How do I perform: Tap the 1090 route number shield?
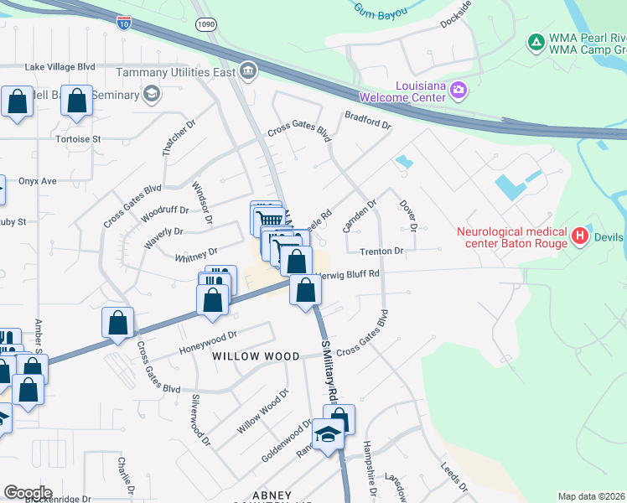(205, 25)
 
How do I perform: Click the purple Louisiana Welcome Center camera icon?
(459, 89)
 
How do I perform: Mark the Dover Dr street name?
(408, 215)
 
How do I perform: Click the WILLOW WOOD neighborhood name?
(256, 356)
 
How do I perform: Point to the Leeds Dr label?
(456, 474)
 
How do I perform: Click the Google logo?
(28, 493)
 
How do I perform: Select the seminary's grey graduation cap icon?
(152, 93)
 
